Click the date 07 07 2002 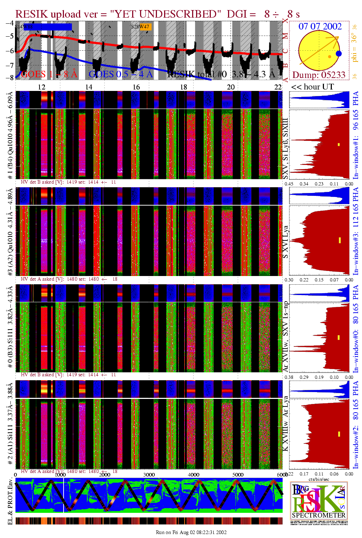pos(320,26)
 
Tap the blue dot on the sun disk pos(339,54)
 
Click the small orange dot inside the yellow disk pos(329,57)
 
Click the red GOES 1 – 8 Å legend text pos(49,74)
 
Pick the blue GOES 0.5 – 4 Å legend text pos(121,74)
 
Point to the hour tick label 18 pos(184,87)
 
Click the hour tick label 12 pos(42,87)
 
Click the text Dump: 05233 pos(319,75)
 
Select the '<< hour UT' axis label pos(312,87)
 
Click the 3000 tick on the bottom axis pos(149,475)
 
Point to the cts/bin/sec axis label pos(319,479)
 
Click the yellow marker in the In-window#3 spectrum pos(340,240)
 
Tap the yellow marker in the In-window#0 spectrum pos(338,337)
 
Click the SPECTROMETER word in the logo pos(319,515)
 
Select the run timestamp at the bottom pos(191,532)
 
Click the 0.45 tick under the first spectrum pos(289,184)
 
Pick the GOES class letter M pos(286,36)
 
